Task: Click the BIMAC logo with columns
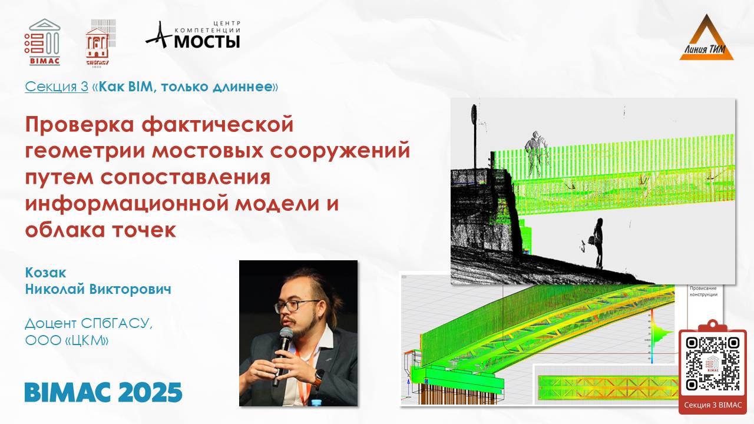coord(44,41)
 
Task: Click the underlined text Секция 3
coord(57,87)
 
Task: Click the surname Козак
coord(45,273)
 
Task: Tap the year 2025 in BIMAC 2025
coord(147,392)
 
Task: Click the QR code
coord(713,364)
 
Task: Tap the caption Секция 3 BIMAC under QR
coord(713,405)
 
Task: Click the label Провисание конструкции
coord(704,291)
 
